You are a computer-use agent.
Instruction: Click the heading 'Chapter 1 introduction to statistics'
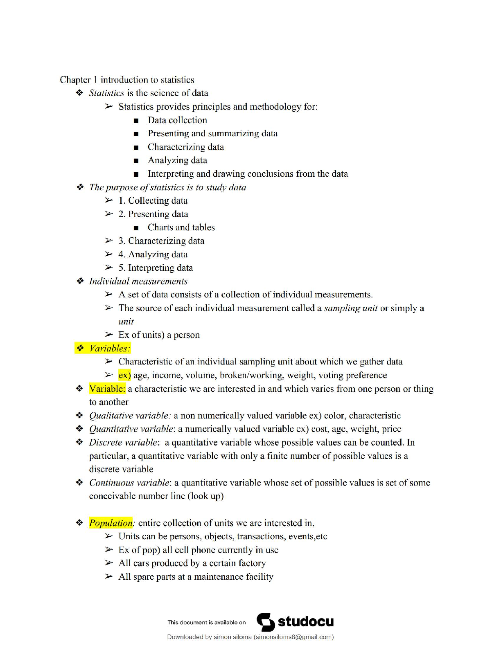click(x=127, y=80)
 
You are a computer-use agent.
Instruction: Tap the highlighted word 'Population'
click(x=111, y=523)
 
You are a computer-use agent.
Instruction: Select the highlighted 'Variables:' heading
click(x=109, y=349)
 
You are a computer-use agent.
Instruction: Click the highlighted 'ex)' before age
click(x=124, y=375)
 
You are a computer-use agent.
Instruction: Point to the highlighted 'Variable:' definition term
click(x=107, y=389)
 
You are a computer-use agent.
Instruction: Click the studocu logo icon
click(x=266, y=622)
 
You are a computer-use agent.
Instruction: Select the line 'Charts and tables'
click(x=181, y=227)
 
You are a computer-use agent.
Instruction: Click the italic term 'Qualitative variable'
click(x=129, y=416)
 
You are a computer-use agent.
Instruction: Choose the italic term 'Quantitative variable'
click(x=131, y=429)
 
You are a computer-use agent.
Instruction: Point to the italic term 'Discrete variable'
click(x=123, y=443)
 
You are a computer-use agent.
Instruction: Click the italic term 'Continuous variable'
click(x=129, y=483)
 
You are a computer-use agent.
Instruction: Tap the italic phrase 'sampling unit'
click(x=350, y=308)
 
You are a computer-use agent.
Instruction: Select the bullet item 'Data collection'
click(x=177, y=120)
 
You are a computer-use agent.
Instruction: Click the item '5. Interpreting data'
click(x=156, y=268)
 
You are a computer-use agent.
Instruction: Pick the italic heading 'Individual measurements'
click(x=138, y=281)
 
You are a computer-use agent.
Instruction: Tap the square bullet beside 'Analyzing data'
click(x=136, y=161)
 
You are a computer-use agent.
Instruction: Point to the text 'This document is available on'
click(x=206, y=623)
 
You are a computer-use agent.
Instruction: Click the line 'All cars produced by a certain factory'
click(x=192, y=563)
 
